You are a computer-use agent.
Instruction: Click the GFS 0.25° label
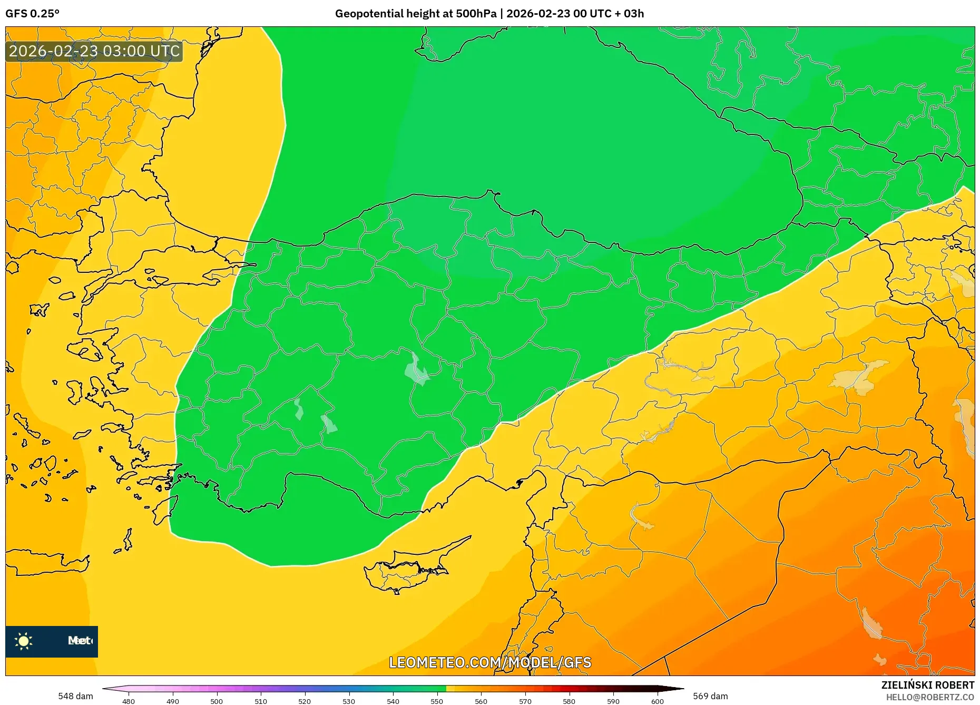(x=32, y=14)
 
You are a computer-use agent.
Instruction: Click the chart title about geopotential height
(x=489, y=14)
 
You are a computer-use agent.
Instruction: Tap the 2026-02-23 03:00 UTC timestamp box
(x=94, y=51)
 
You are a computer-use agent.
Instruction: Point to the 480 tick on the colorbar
(x=129, y=701)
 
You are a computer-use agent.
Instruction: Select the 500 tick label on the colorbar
(x=217, y=701)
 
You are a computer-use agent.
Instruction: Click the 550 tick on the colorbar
(x=437, y=701)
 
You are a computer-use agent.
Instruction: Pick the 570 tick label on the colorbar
(x=525, y=701)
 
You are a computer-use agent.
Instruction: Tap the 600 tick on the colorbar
(x=657, y=701)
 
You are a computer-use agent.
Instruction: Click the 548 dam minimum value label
(x=75, y=696)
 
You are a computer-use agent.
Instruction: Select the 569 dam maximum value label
(x=710, y=696)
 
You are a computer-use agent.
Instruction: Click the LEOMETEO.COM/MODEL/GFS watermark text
(x=490, y=662)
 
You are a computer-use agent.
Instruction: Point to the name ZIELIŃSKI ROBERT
(x=927, y=685)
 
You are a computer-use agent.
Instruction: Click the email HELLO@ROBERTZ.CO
(x=930, y=697)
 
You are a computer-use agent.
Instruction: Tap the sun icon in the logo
(x=24, y=641)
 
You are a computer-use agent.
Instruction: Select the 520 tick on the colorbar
(x=305, y=701)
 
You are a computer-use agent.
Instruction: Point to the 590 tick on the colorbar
(x=613, y=701)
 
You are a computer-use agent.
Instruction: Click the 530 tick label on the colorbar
(x=349, y=701)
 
